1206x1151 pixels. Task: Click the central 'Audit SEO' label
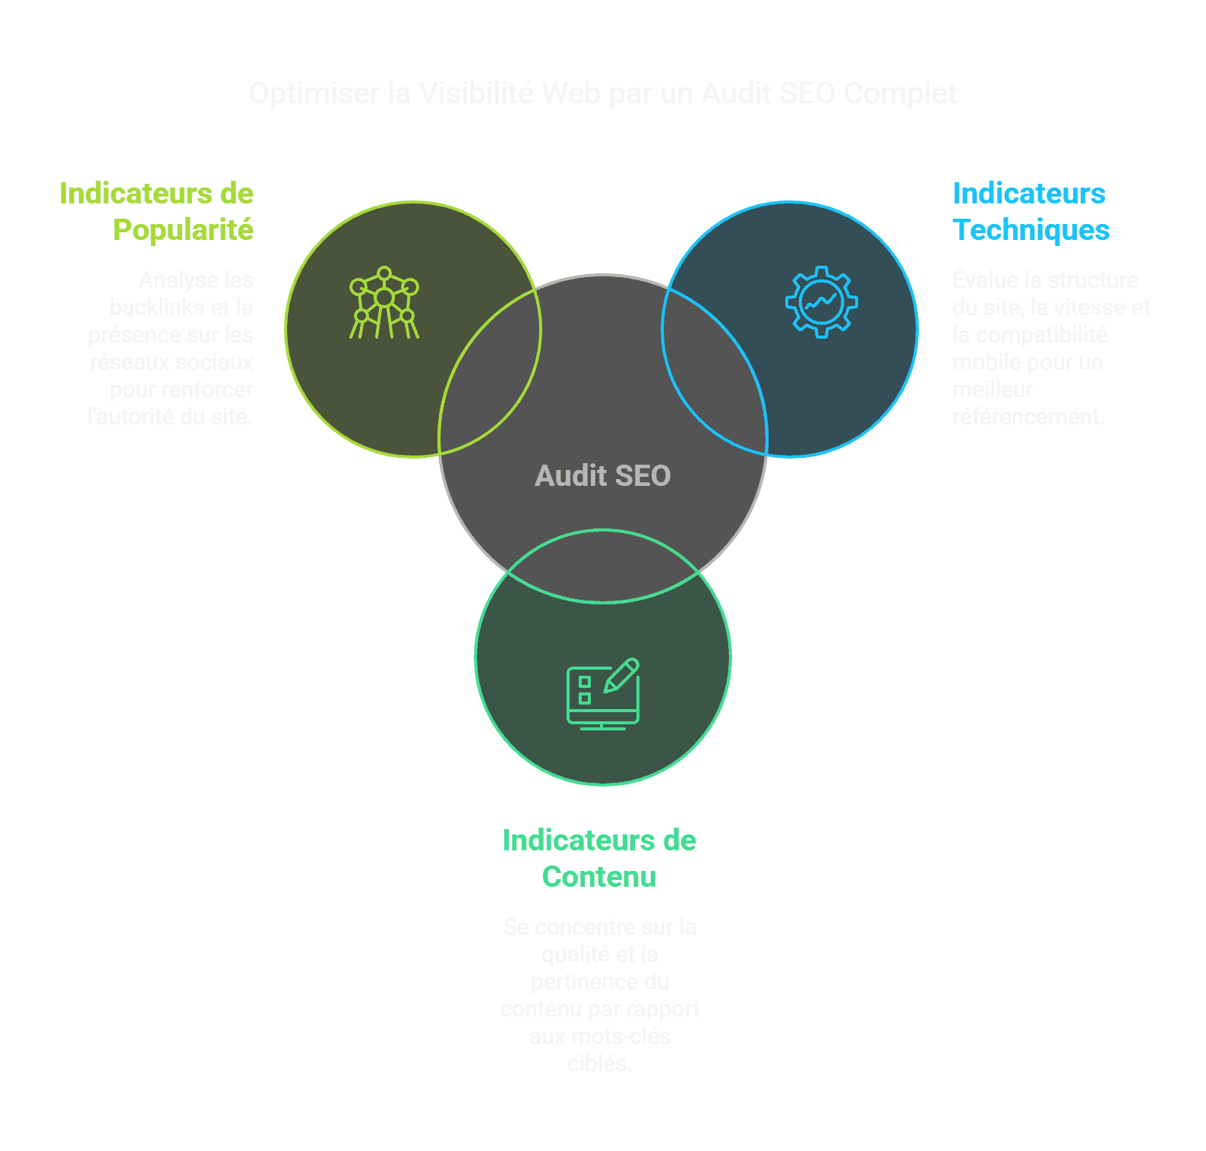click(x=602, y=476)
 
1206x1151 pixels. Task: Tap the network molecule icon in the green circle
click(x=384, y=302)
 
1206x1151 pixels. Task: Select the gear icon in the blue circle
click(x=821, y=302)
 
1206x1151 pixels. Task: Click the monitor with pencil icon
click(x=603, y=694)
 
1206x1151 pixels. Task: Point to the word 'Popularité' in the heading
click(x=183, y=230)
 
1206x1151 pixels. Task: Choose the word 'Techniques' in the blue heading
click(x=1031, y=230)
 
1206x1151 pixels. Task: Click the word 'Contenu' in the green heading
click(x=599, y=877)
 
